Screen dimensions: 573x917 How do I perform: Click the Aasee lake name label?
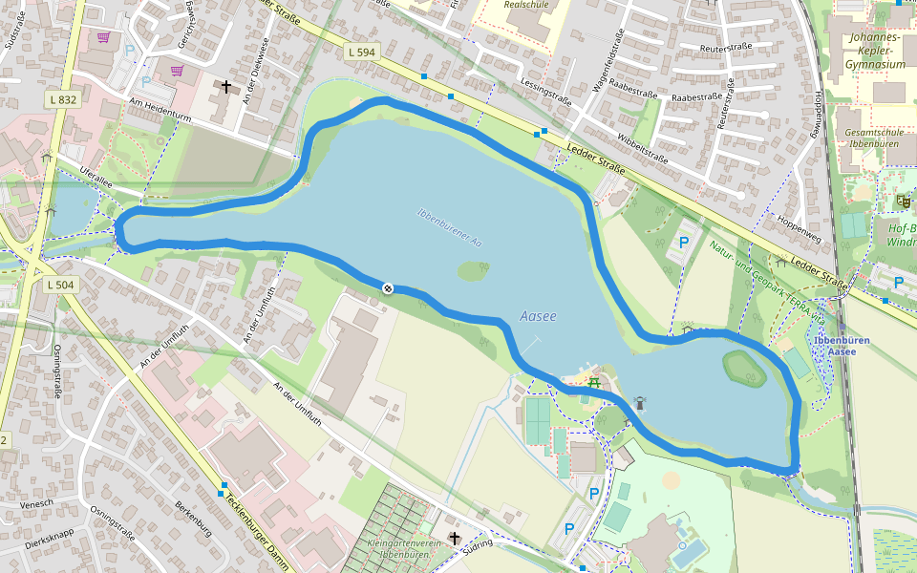pyautogui.click(x=538, y=316)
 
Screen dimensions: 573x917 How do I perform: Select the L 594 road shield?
pyautogui.click(x=360, y=53)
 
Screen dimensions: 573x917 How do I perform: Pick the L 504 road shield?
pyautogui.click(x=59, y=285)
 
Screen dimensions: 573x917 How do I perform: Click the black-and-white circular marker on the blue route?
pyautogui.click(x=388, y=287)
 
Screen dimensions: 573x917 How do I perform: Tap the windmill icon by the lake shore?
pyautogui.click(x=638, y=403)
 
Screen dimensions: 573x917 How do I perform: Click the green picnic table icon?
pyautogui.click(x=594, y=382)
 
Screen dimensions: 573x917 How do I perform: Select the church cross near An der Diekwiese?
pyautogui.click(x=226, y=88)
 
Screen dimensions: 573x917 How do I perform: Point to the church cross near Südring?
pyautogui.click(x=454, y=539)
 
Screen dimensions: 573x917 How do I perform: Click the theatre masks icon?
pyautogui.click(x=902, y=201)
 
